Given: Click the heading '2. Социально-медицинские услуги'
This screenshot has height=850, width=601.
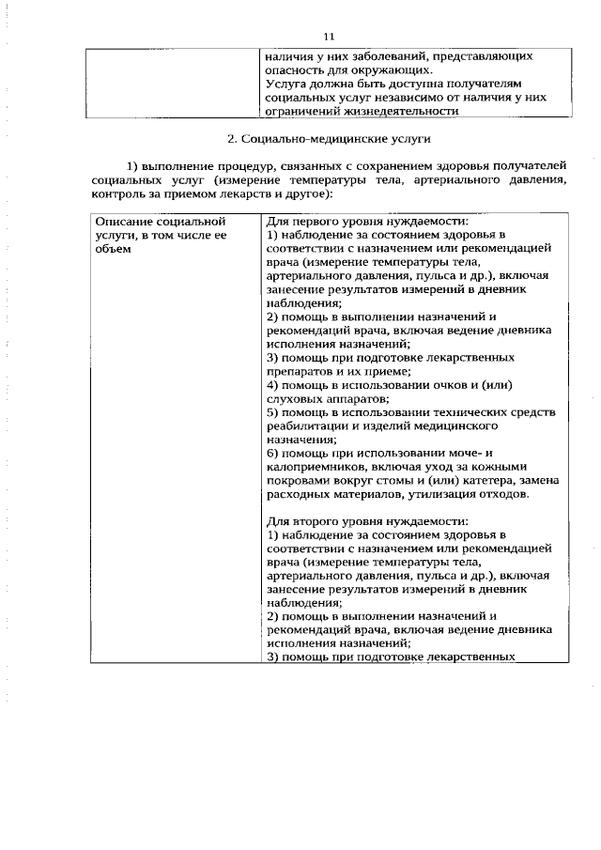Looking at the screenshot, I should (329, 139).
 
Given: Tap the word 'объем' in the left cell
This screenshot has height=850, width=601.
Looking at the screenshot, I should (112, 248).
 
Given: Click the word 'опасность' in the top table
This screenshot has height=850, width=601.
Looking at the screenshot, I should (296, 70).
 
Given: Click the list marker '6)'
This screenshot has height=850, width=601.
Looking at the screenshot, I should (273, 453).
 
